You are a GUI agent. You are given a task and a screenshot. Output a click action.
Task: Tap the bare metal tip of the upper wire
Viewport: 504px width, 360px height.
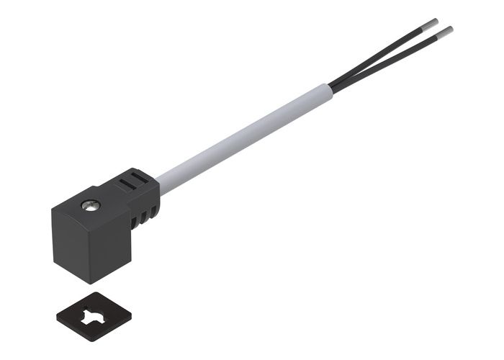point(436,24)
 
